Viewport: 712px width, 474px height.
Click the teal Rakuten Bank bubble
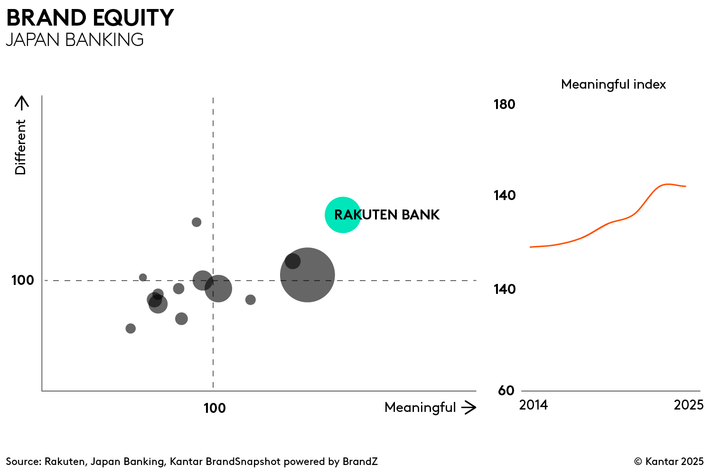343,215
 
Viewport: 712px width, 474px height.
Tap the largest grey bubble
308,275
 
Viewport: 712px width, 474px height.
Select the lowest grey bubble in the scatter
131,328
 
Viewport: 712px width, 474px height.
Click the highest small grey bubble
197,222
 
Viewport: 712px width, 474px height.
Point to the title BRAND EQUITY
90,18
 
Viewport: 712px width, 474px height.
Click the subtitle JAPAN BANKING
75,40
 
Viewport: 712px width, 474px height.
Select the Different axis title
20,147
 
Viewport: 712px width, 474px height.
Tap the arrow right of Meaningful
469,407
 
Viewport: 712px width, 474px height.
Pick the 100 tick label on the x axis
215,408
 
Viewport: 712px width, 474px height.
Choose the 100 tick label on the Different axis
23,280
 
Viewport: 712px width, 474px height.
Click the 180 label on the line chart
504,104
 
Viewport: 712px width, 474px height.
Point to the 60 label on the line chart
506,391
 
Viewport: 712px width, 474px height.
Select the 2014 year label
534,405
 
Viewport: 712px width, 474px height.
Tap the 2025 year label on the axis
688,405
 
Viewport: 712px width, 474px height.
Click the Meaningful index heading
613,84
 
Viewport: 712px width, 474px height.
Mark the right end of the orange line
685,186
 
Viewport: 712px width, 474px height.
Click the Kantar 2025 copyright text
669,462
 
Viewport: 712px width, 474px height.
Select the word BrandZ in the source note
360,462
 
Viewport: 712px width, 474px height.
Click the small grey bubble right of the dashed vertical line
251,300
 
